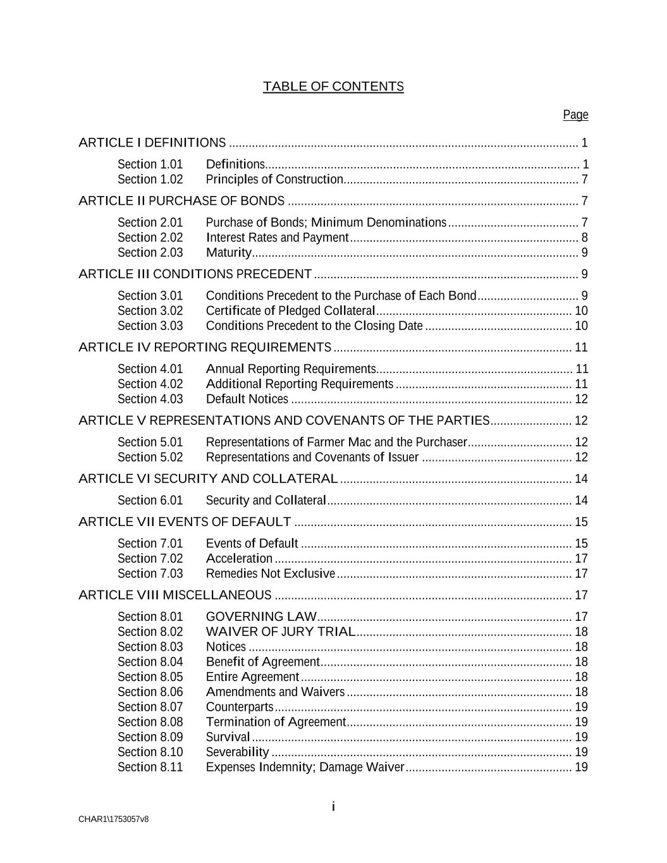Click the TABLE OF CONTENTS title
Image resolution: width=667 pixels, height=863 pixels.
(333, 87)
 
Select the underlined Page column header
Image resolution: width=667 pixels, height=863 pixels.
(575, 114)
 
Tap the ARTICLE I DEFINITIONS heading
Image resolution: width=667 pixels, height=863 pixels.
(152, 143)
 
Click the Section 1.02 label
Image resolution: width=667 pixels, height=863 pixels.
(150, 180)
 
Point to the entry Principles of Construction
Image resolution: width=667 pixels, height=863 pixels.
(274, 180)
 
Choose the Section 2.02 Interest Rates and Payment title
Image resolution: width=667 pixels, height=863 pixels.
(277, 238)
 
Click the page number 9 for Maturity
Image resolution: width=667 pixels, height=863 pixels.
(584, 253)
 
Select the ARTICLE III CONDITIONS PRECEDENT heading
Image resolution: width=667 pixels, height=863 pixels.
(195, 274)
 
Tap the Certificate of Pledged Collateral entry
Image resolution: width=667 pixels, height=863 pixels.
(290, 311)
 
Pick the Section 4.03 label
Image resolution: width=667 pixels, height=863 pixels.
(150, 399)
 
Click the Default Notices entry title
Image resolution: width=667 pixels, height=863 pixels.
(247, 399)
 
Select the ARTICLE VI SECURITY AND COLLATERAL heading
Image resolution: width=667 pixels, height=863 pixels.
(208, 479)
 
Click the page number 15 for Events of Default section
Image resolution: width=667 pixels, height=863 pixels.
(581, 544)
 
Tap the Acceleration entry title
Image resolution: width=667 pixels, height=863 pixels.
(239, 559)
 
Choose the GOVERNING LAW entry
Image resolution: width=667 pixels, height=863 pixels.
(261, 617)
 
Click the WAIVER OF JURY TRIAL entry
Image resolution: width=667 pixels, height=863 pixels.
(281, 632)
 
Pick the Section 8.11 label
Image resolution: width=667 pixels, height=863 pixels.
(150, 768)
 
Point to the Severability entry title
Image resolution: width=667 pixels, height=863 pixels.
(237, 752)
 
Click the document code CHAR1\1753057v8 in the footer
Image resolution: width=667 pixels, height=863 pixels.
(114, 819)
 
